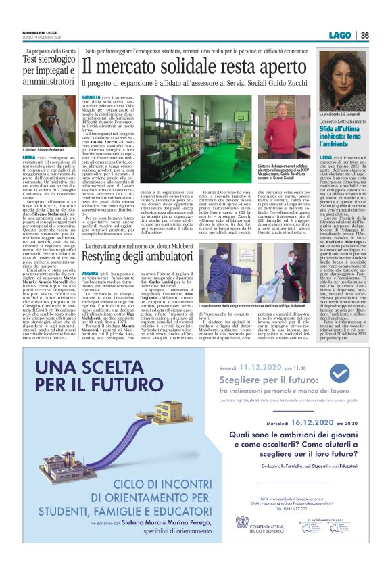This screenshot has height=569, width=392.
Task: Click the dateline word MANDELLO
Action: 95,97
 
